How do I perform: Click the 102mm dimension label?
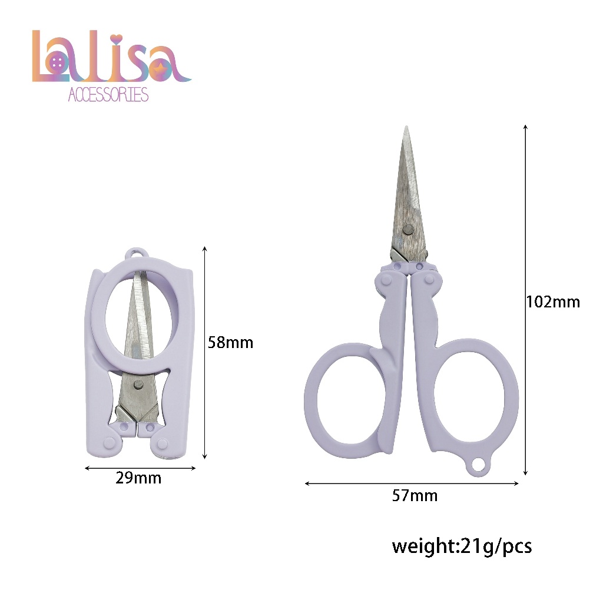(553, 302)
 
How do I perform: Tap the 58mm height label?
(230, 343)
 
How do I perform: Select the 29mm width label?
(138, 478)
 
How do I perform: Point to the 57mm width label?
(415, 496)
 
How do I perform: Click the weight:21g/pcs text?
(462, 546)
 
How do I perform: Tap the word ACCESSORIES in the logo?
(108, 95)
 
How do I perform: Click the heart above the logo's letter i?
(117, 39)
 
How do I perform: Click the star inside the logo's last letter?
(159, 68)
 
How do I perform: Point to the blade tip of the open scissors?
(406, 127)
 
